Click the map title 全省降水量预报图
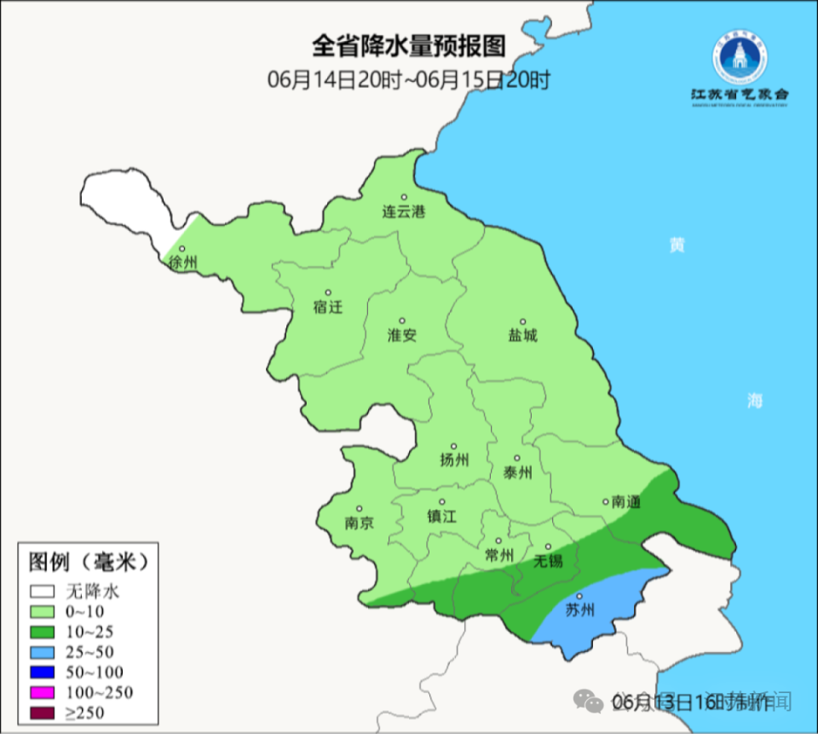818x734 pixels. tap(408, 44)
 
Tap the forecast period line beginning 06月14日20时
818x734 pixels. tap(408, 80)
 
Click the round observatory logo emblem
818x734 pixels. tap(740, 56)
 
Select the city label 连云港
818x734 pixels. tap(402, 212)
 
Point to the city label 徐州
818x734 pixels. tap(182, 263)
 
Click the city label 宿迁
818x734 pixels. tap(327, 307)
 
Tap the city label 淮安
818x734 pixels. tap(402, 336)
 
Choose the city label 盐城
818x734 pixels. tap(523, 336)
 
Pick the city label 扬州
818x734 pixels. tap(454, 460)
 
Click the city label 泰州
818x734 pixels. tap(517, 472)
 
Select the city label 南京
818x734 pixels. tap(359, 523)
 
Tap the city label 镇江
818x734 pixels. tap(442, 517)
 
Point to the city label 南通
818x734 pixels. tap(625, 503)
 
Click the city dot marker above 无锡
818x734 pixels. tap(549, 546)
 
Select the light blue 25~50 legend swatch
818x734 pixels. tap(43, 651)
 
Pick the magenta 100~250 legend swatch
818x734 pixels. tap(43, 691)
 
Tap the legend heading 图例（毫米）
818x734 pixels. tap(89, 562)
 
